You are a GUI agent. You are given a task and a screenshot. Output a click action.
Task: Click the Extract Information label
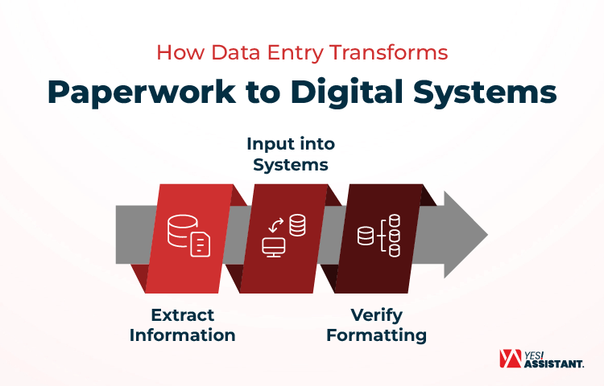(182, 325)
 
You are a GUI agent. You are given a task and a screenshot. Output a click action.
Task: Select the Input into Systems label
(291, 154)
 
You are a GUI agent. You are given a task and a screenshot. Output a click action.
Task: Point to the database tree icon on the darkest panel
(379, 236)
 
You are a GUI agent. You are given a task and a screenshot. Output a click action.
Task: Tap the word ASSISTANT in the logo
(555, 363)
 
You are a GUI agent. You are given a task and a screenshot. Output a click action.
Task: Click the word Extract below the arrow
(182, 314)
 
